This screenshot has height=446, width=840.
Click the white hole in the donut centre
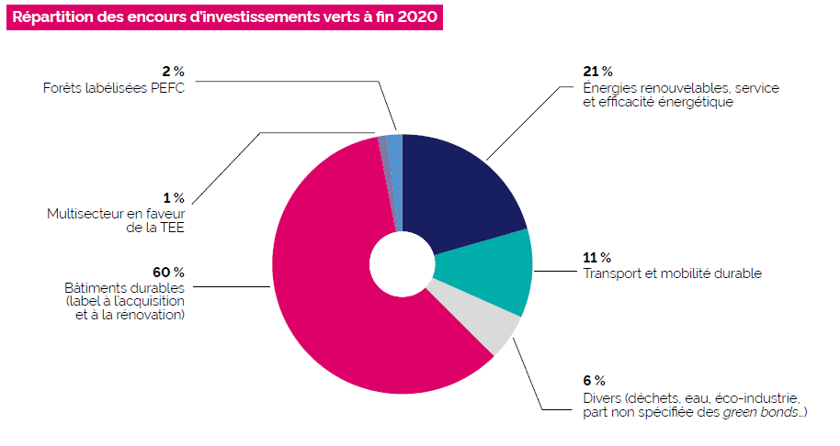tap(401, 264)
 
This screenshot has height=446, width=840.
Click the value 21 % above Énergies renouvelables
tap(597, 72)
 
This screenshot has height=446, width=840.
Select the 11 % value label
tap(596, 258)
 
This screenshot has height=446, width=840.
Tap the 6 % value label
tap(594, 380)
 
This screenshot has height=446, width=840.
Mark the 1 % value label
tap(173, 197)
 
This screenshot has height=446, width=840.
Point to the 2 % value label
tap(173, 72)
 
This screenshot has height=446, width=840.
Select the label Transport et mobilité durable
tap(672, 273)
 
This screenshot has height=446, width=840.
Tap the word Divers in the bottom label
tap(602, 398)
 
